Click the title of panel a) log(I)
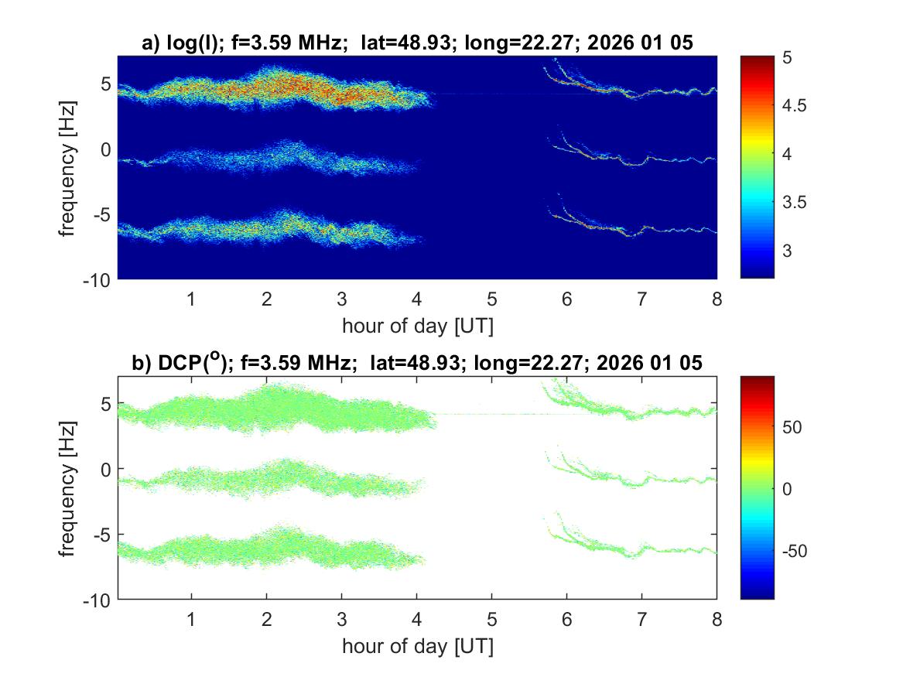point(417,45)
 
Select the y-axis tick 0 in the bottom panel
point(107,469)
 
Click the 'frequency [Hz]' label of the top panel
point(70,167)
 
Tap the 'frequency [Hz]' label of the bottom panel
point(70,487)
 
